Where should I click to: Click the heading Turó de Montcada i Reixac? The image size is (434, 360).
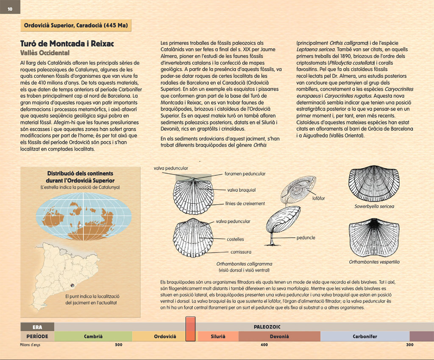(x=67, y=44)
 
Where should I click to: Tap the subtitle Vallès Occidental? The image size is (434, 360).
(x=45, y=53)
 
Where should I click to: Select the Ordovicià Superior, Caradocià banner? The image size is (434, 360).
(x=76, y=25)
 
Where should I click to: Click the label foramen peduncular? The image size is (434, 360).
(x=245, y=174)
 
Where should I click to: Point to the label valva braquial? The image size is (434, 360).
(x=241, y=190)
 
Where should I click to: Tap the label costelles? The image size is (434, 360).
(x=235, y=239)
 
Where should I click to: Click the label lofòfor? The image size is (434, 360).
(x=318, y=198)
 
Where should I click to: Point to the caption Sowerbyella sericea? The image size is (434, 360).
(x=374, y=207)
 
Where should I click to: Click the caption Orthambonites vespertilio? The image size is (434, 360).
(x=374, y=262)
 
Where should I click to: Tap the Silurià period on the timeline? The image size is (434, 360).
(x=218, y=337)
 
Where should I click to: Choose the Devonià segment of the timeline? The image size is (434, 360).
(x=279, y=337)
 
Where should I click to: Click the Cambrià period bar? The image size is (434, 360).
(x=93, y=337)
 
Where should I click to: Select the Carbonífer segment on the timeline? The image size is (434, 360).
(x=365, y=337)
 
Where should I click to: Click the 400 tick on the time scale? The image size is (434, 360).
(x=264, y=345)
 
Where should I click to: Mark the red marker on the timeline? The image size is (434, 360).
(x=191, y=330)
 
